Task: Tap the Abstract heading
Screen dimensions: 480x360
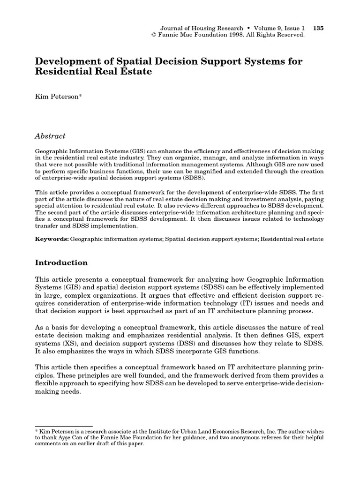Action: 50,136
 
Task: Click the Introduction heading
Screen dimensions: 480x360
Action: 61,262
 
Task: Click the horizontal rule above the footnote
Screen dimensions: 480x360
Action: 64,426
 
